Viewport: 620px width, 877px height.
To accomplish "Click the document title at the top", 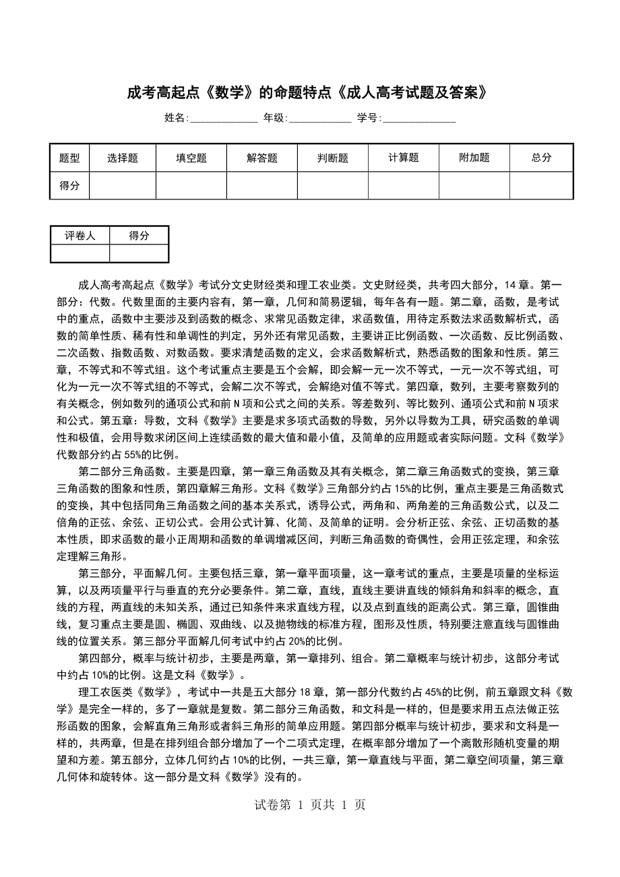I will [x=307, y=92].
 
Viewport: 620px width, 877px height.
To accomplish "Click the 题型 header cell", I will [x=69, y=158].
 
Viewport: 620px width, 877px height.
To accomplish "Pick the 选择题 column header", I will [x=123, y=158].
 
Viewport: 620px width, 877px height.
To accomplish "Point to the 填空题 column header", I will [x=191, y=158].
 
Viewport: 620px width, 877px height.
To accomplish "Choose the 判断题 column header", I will [x=333, y=158].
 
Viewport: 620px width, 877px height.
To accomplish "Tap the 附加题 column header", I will [x=474, y=158].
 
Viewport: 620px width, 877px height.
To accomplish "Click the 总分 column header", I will [x=541, y=158].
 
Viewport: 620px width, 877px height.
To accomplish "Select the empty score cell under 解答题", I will [x=262, y=185].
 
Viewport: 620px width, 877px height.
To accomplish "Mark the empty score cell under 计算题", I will [x=404, y=185].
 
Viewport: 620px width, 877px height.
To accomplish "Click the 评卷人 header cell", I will [x=80, y=235].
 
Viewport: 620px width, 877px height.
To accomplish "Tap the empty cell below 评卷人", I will [x=80, y=253].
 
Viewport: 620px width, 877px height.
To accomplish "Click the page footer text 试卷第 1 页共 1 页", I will [x=309, y=805].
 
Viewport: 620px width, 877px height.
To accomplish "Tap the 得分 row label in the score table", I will [x=69, y=185].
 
